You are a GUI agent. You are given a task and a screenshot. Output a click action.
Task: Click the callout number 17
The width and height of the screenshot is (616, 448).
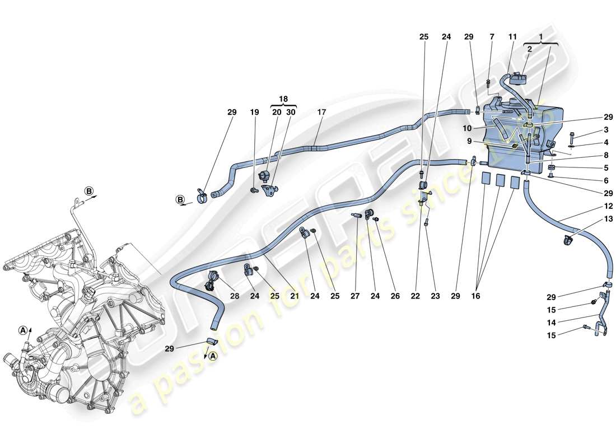tap(321, 113)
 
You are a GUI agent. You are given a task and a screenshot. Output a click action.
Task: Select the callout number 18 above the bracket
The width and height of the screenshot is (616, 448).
tap(284, 99)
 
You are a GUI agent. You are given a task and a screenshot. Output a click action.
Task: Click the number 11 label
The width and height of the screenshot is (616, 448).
tap(511, 37)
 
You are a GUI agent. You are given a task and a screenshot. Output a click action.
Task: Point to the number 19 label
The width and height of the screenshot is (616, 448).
tap(255, 113)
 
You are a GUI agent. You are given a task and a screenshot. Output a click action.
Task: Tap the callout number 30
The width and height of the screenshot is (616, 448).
tap(291, 113)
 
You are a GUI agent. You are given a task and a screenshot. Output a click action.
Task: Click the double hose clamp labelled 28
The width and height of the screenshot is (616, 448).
tap(214, 278)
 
